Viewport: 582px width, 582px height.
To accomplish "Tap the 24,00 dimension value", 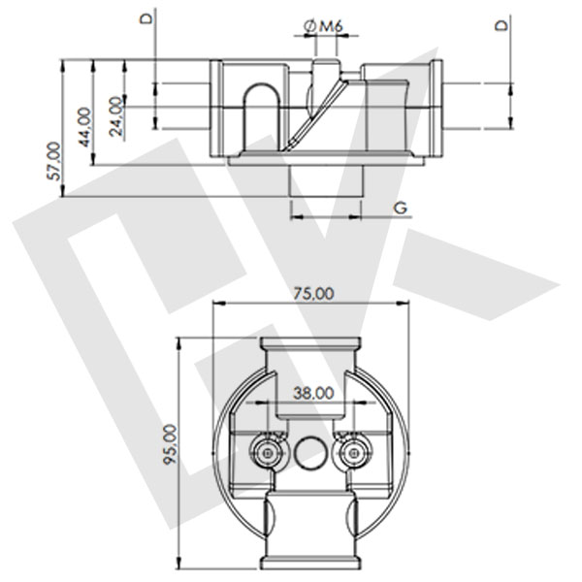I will click(x=116, y=115).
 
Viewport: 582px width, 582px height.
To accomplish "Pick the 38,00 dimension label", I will click(x=312, y=393).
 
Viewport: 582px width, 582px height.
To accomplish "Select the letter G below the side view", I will click(x=399, y=208).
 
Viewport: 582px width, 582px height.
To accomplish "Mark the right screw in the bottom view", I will click(x=354, y=451).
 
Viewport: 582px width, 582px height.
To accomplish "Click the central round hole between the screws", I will click(x=311, y=451).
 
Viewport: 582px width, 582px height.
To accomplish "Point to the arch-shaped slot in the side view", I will click(x=261, y=116).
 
